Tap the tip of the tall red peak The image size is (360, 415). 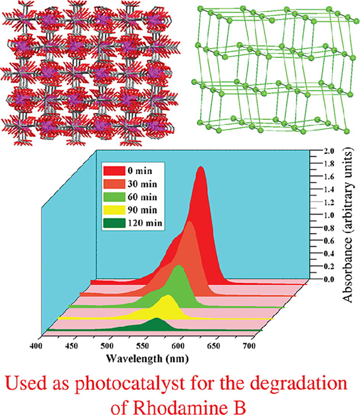click(x=201, y=168)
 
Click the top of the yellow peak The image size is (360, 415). click(x=167, y=296)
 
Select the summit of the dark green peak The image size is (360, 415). click(x=157, y=319)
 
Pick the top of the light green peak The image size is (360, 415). click(x=178, y=266)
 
